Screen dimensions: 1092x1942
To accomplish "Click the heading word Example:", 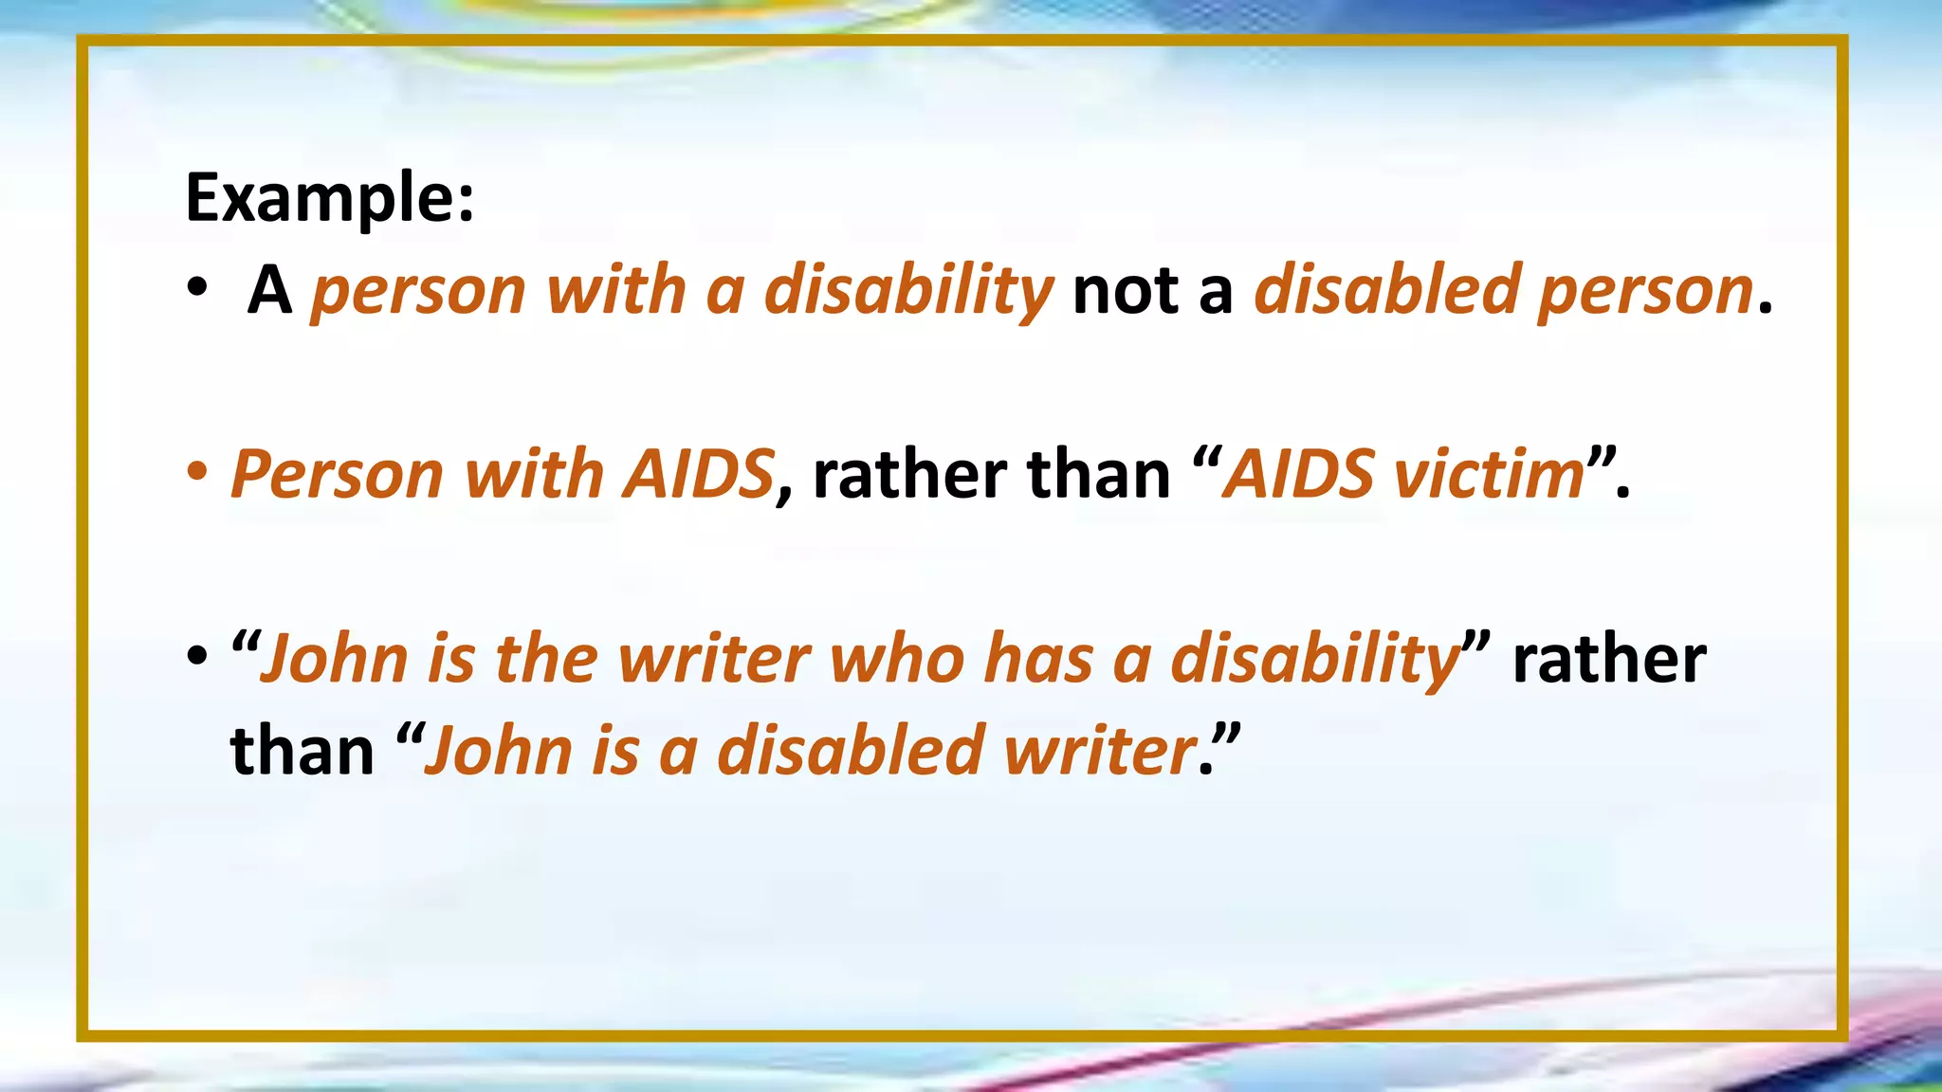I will pos(329,198).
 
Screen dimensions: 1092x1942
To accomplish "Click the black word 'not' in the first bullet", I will pos(1127,290).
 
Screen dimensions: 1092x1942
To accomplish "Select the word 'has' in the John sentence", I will pos(1038,658).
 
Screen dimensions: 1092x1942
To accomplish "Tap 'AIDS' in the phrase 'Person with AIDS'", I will pos(698,474).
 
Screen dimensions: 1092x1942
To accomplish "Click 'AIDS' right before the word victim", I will pos(1297,474).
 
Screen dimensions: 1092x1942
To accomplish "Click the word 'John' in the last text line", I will pos(498,750).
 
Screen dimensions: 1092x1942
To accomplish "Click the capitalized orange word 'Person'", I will pos(337,474).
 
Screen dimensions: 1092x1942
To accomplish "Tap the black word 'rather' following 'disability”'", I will pos(1609,658).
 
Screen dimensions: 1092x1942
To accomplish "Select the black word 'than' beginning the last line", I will pos(302,750).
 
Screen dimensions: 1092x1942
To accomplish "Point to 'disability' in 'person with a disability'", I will pos(908,290).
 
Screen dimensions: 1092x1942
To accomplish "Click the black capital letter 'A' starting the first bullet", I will pos(269,290).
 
